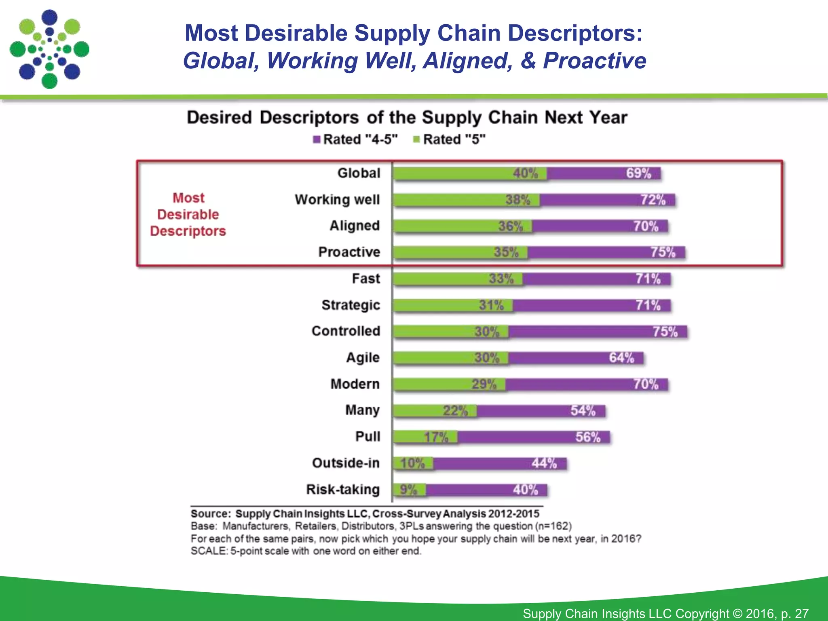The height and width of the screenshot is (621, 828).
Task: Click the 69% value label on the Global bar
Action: [x=638, y=173]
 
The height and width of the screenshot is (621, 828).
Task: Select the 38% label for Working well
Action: [x=517, y=200]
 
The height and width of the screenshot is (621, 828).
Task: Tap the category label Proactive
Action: [x=349, y=252]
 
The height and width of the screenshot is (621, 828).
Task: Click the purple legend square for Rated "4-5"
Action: [x=317, y=139]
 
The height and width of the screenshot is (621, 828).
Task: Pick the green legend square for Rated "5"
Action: [x=416, y=139]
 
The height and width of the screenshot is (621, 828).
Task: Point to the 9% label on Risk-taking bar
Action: [x=408, y=490]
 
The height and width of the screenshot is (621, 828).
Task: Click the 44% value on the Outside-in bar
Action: [x=544, y=463]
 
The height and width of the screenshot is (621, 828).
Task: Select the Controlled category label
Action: [x=346, y=331]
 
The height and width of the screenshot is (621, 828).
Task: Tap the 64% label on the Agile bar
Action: [x=621, y=358]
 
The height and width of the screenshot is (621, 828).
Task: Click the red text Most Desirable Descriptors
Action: [x=188, y=214]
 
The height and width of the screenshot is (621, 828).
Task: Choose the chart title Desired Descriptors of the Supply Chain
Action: [x=407, y=118]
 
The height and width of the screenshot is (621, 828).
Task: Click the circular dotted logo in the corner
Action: [x=49, y=49]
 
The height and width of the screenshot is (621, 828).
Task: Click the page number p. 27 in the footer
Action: [x=794, y=613]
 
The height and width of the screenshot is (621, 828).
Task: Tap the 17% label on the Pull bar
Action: [x=436, y=437]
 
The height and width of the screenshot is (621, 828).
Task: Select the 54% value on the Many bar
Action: [x=583, y=411]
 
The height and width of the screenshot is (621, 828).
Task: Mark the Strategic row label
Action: [x=351, y=305]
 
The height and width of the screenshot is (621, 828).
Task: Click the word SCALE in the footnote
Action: [x=208, y=551]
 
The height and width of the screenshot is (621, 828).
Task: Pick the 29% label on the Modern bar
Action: [x=484, y=384]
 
